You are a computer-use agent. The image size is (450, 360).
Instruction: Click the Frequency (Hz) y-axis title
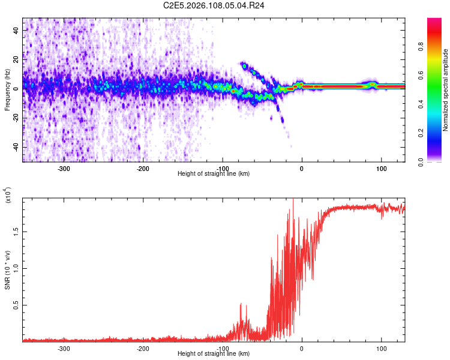click(x=7, y=89)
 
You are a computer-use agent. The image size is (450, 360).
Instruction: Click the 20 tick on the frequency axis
click(x=17, y=59)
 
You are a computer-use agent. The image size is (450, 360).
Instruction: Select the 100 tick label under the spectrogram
click(x=381, y=169)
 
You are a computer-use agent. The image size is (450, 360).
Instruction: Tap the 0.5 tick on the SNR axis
click(x=16, y=305)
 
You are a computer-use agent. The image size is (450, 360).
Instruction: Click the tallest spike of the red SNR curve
click(x=293, y=200)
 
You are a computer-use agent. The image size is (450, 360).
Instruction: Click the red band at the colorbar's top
click(x=434, y=22)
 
